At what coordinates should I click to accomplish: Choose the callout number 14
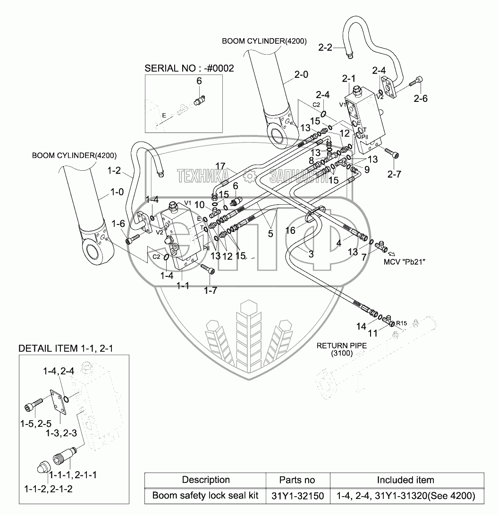[361, 326]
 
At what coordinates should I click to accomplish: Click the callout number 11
[372, 333]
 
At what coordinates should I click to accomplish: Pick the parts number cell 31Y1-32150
[297, 496]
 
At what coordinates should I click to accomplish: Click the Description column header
[206, 480]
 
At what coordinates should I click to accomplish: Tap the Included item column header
[405, 480]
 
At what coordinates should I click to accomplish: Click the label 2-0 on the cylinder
[301, 74]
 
